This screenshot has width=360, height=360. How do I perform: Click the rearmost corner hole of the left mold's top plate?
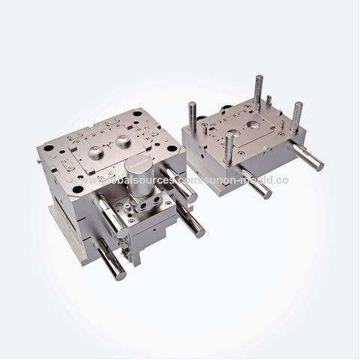(x=136, y=113)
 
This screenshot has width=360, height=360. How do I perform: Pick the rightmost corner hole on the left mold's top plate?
(x=172, y=148)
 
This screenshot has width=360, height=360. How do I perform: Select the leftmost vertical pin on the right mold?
(x=192, y=115)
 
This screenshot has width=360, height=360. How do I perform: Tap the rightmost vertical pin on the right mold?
(x=297, y=115)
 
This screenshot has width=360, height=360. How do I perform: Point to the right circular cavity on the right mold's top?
(x=253, y=124)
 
